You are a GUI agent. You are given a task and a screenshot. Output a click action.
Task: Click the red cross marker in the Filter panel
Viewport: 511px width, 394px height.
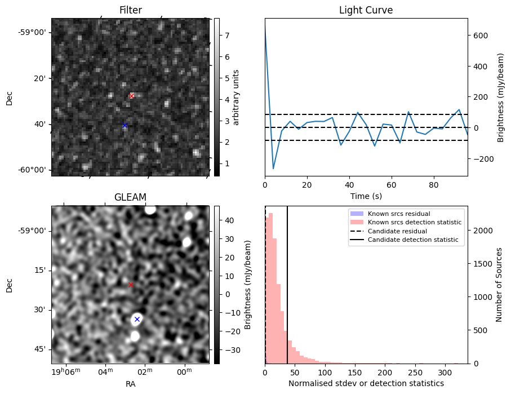(x=131, y=96)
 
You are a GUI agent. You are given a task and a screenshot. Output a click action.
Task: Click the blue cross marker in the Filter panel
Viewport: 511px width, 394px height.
(x=125, y=125)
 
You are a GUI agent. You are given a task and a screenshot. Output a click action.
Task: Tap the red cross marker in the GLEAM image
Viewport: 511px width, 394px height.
(x=131, y=285)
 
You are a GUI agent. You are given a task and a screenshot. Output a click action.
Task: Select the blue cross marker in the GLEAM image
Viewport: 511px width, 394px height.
(x=137, y=319)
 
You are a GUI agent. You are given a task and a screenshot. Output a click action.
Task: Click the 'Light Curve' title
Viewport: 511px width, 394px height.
(x=366, y=10)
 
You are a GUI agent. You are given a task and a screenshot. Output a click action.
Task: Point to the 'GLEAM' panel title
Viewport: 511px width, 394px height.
(x=130, y=197)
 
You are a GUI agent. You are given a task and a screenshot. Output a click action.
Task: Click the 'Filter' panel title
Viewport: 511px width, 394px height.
(x=130, y=10)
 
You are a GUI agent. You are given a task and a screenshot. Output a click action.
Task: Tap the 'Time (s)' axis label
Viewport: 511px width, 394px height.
(x=366, y=194)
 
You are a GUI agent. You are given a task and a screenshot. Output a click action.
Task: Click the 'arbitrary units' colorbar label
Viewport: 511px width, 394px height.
(x=237, y=98)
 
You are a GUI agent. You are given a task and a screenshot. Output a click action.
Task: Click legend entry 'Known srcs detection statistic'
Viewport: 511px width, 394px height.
(x=414, y=222)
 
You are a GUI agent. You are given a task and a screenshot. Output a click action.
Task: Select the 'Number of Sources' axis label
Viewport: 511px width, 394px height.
(x=499, y=285)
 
